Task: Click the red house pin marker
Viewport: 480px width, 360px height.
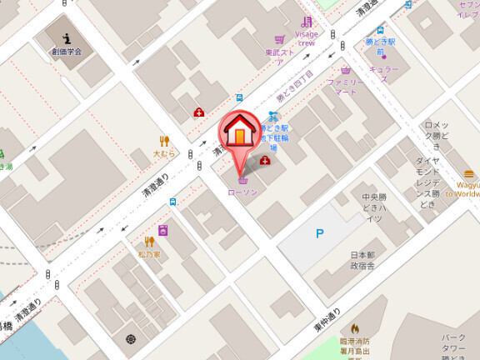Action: (238, 134)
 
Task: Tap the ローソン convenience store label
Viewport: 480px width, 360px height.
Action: (242, 192)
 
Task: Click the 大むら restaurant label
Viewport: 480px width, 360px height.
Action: (164, 154)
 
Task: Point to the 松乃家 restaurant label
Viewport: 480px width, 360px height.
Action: (150, 252)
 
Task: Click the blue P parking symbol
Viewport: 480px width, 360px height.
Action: (319, 234)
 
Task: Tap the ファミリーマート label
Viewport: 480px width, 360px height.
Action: (345, 87)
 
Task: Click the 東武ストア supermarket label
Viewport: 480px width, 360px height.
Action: (279, 55)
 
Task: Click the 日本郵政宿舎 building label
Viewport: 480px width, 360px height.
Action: (362, 260)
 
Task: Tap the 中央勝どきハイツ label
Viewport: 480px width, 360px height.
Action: (372, 207)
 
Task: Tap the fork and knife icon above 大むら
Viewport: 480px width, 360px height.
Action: (164, 141)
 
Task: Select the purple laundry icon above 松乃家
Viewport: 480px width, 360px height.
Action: (163, 229)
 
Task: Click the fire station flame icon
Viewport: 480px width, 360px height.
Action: (356, 329)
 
